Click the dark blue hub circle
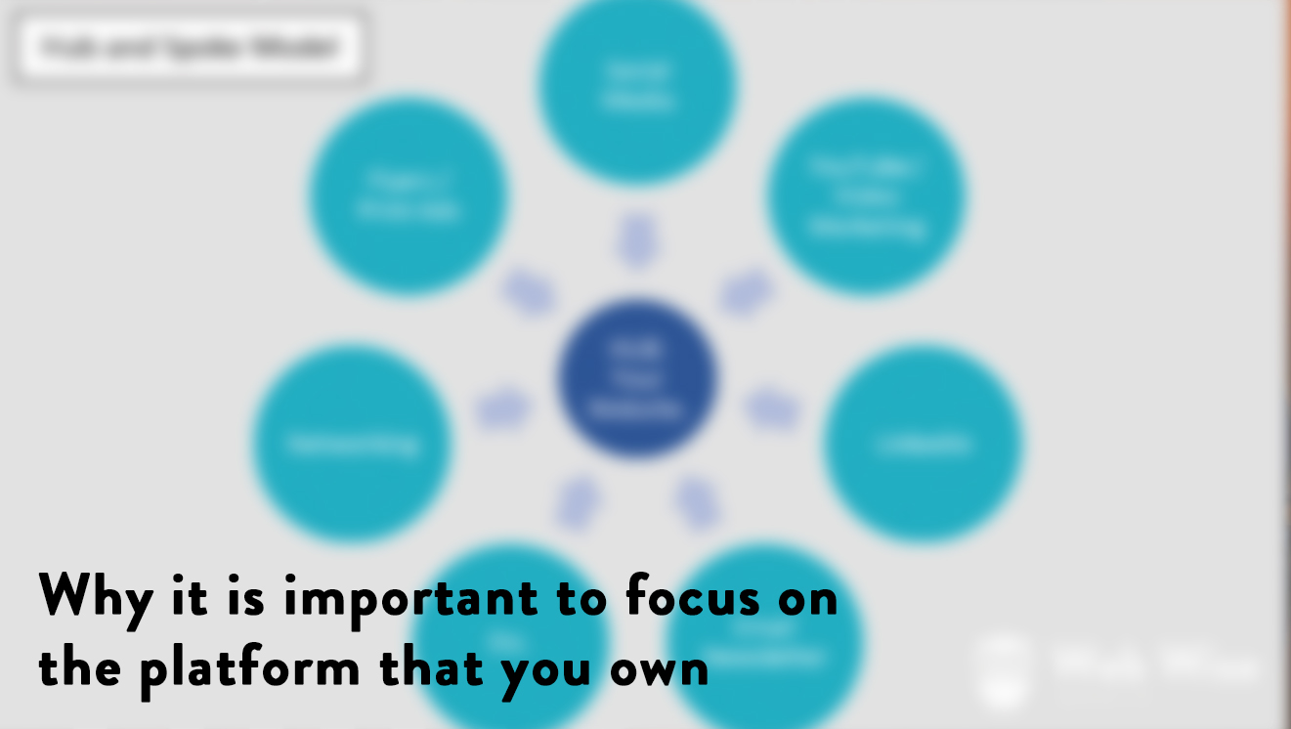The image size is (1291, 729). pyautogui.click(x=637, y=378)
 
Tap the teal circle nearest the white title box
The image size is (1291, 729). pyautogui.click(x=409, y=195)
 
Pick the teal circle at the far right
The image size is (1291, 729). pyautogui.click(x=923, y=443)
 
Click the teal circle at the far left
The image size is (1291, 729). pyautogui.click(x=352, y=443)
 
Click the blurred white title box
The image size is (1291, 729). pyautogui.click(x=190, y=46)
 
